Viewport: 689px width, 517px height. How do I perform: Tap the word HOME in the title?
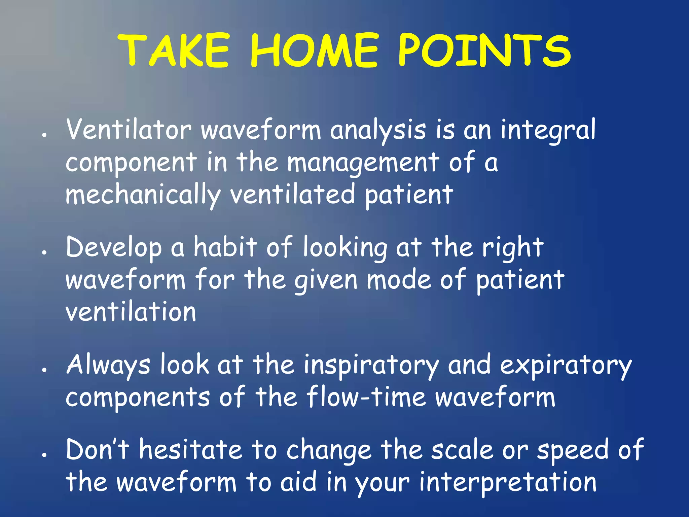point(315,50)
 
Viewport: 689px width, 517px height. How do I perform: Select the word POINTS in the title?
point(484,50)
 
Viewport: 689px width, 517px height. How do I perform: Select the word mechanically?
point(143,195)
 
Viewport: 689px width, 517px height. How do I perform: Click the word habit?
point(225,248)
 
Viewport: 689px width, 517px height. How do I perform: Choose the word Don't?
point(98,450)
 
